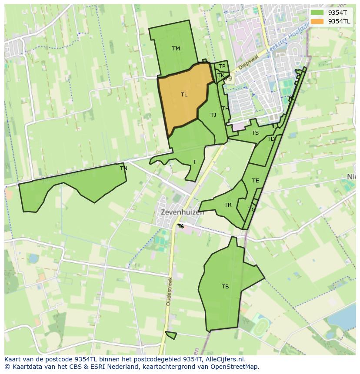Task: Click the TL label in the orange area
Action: point(184,95)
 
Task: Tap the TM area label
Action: point(176,49)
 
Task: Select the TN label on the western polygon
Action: point(123,169)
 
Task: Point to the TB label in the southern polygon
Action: point(225,287)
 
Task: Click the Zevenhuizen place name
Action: point(182,213)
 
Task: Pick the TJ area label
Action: point(213,115)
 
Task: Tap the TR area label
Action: point(228,205)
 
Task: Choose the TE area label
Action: point(255,181)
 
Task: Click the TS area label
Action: point(255,133)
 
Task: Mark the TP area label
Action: point(222,66)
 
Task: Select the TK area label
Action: point(221,76)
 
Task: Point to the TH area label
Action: point(225,109)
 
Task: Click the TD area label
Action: point(271,139)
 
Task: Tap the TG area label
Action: point(252,210)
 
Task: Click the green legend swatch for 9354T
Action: point(317,13)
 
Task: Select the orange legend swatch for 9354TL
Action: point(317,21)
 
